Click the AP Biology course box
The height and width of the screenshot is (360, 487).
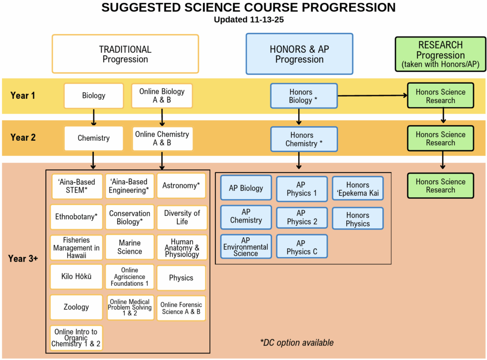click(x=245, y=188)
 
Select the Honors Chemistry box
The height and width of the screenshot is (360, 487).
click(x=303, y=139)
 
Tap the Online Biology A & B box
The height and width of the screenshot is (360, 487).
click(x=162, y=96)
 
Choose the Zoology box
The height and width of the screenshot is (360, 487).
click(x=76, y=307)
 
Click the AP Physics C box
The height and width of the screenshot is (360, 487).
click(x=302, y=247)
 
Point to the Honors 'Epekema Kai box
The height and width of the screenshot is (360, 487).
click(x=358, y=189)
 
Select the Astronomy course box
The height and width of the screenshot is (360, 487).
click(x=181, y=185)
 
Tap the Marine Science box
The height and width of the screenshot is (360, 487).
click(x=129, y=247)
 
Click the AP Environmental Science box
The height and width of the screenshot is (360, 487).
click(x=245, y=246)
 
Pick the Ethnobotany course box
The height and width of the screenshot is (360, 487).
click(x=76, y=216)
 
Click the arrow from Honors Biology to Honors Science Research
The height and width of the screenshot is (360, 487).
click(x=372, y=96)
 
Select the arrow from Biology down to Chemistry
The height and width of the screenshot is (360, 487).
click(x=93, y=117)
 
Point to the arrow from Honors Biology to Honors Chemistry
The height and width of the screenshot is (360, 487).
click(x=299, y=117)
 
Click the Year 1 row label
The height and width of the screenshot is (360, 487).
click(x=23, y=96)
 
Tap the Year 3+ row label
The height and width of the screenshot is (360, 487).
click(x=23, y=259)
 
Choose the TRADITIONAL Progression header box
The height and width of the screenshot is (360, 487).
click(x=125, y=54)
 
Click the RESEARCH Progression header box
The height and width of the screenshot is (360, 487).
click(x=440, y=54)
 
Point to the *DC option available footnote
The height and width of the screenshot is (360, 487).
click(x=297, y=342)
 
